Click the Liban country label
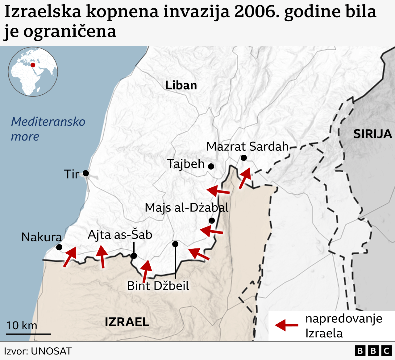tap(181, 85)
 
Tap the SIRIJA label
tap(372, 134)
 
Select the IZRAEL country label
tap(127, 322)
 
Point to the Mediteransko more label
tap(48, 129)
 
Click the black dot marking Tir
tap(86, 173)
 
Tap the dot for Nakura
tap(59, 247)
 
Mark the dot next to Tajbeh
tap(211, 166)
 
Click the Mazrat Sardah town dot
tap(244, 158)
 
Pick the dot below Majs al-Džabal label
tap(212, 220)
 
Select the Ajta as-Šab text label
tap(120, 235)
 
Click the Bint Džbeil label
tap(158, 286)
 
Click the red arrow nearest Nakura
tap(70, 256)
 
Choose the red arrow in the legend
tap(286, 325)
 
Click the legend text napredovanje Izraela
tap(343, 326)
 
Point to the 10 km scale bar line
tap(29, 334)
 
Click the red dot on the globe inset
tap(33, 65)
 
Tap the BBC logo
tap(373, 351)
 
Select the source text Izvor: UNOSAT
tap(38, 351)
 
